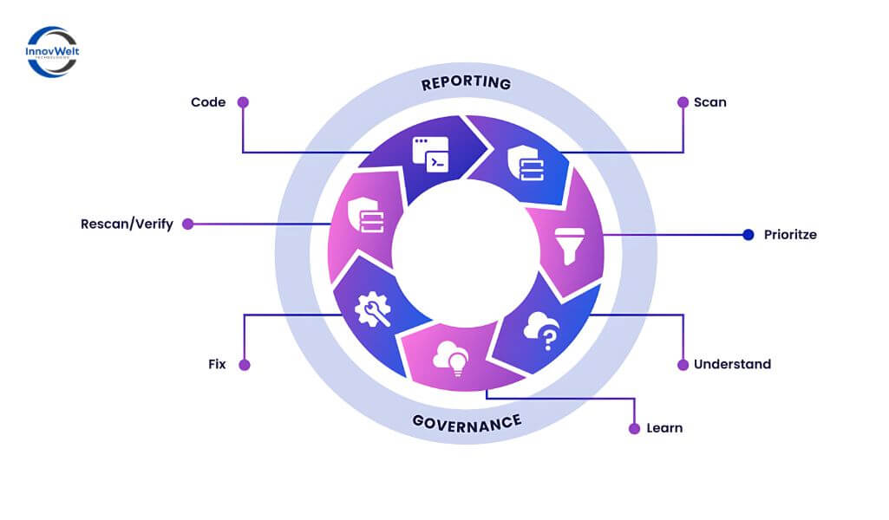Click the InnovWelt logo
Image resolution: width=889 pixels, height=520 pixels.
click(53, 51)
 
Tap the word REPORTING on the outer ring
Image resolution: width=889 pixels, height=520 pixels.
click(466, 84)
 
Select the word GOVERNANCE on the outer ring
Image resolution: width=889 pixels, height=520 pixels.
click(467, 422)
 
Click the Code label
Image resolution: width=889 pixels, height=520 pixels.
click(208, 102)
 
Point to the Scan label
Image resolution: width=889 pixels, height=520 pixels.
click(709, 102)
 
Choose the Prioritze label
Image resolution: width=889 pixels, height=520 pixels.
click(790, 234)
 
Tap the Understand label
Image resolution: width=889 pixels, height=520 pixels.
click(732, 364)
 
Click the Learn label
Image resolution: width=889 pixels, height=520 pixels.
click(664, 428)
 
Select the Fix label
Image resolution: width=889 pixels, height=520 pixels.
click(217, 364)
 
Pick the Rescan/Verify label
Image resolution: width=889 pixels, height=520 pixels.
click(127, 224)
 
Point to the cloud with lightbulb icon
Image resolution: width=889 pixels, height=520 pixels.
click(454, 354)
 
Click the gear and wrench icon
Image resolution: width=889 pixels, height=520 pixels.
click(373, 309)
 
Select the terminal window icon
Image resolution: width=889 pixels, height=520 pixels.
click(430, 155)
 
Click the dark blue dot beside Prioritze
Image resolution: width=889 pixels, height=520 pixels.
click(748, 234)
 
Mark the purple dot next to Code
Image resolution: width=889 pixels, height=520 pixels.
click(244, 102)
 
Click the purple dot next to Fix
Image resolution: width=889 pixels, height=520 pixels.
click(245, 365)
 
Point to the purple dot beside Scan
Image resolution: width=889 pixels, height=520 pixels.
click(683, 102)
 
